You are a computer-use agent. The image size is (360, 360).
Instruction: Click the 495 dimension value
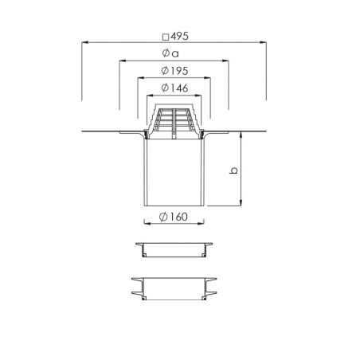[x=179, y=37]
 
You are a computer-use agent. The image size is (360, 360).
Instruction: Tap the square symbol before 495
[x=166, y=37]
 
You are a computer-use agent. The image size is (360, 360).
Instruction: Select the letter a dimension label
[x=175, y=54]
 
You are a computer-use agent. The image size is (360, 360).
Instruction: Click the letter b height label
[x=233, y=170]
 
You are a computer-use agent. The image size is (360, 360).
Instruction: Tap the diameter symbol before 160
[x=163, y=217]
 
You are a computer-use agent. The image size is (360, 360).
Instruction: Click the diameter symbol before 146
[x=165, y=88]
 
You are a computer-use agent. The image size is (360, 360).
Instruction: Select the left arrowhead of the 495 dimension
[x=84, y=42]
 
